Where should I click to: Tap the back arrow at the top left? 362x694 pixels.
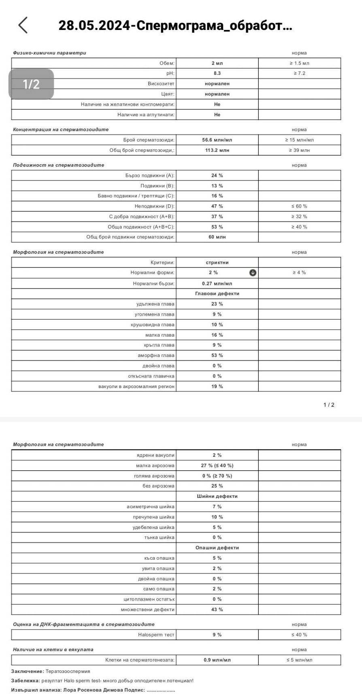[x=23, y=25]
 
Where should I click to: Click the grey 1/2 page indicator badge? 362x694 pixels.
[x=31, y=84]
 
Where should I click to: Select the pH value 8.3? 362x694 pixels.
[x=217, y=73]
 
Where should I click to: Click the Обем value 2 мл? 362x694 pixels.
[x=217, y=63]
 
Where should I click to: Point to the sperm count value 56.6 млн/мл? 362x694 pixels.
[x=217, y=140]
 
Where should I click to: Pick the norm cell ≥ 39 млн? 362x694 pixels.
[x=299, y=150]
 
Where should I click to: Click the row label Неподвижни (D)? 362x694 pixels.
[x=155, y=206]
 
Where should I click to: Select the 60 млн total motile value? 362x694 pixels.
[x=217, y=237]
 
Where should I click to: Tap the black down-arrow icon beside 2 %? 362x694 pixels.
[x=253, y=273]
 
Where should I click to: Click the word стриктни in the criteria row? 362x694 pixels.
[x=217, y=262]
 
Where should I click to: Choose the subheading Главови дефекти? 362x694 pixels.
[x=217, y=294]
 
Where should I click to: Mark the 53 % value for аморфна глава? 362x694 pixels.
[x=217, y=355]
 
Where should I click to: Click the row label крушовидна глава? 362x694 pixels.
[x=153, y=325]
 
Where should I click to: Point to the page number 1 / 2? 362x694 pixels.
[x=329, y=405]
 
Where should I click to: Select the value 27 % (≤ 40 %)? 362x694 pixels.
[x=217, y=466]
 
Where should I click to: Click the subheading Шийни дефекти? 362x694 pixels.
[x=217, y=496]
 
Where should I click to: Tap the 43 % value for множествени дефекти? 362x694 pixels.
[x=217, y=609]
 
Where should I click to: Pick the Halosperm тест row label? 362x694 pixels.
[x=156, y=635]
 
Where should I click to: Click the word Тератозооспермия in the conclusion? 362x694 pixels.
[x=68, y=671]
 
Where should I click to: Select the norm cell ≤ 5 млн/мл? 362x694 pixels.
[x=299, y=660]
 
